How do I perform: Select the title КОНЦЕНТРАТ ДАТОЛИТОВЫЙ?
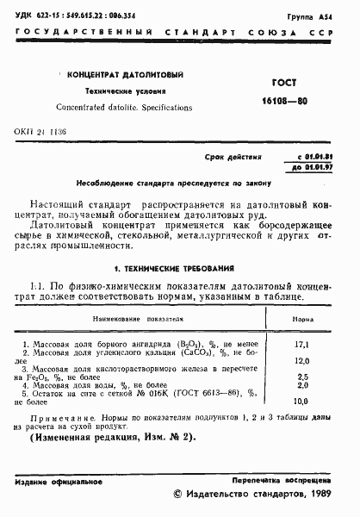117,76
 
